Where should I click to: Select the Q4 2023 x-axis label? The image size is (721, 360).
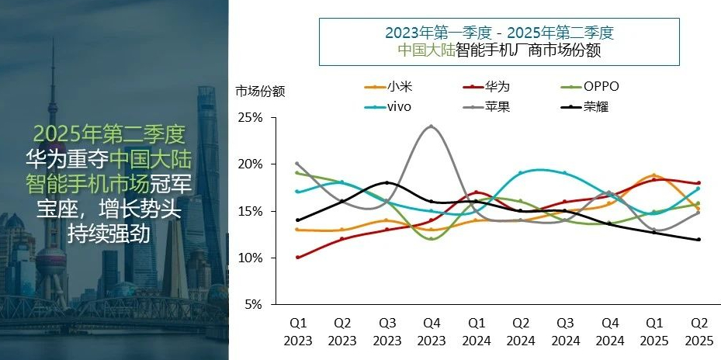tap(432, 332)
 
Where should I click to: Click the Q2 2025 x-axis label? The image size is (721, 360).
tap(698, 332)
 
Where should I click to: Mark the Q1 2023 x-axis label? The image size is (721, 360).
tap(298, 332)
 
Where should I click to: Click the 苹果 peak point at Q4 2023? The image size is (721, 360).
tap(432, 126)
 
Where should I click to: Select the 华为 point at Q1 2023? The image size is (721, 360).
tap(298, 257)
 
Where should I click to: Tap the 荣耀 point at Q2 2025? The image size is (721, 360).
tap(698, 239)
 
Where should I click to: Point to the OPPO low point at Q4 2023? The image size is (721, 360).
tap(432, 238)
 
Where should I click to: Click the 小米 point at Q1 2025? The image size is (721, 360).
tap(654, 175)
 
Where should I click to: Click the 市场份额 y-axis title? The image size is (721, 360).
tap(261, 91)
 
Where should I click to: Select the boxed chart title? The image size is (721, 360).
tap(500, 41)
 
